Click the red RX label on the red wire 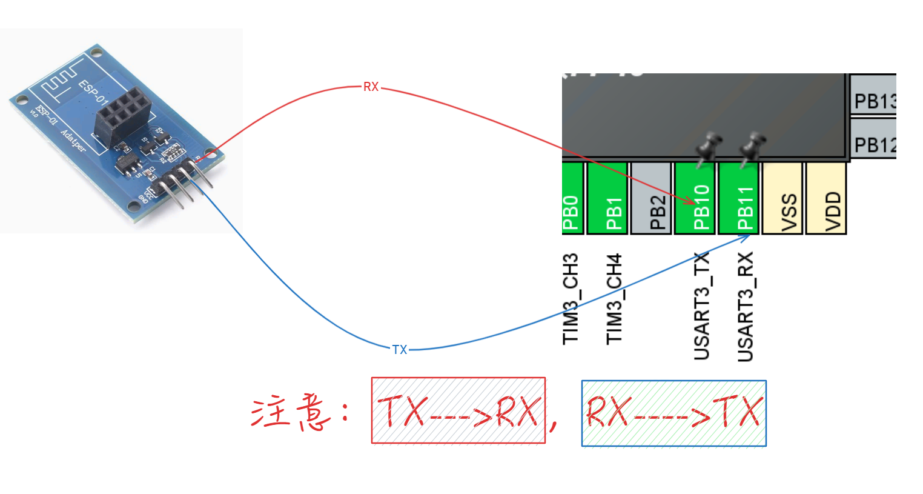(x=371, y=87)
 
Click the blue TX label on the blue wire (x=399, y=350)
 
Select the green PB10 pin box (x=695, y=198)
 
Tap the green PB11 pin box (x=739, y=198)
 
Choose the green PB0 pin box (x=572, y=198)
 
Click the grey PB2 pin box (x=652, y=198)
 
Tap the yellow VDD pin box (x=826, y=198)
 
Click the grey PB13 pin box (x=873, y=95)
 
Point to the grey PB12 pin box (x=873, y=139)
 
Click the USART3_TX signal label (x=701, y=306)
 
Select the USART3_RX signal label (x=746, y=306)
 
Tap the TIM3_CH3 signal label (x=571, y=299)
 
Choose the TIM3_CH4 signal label (x=614, y=299)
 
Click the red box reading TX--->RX (x=458, y=410)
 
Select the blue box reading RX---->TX (x=673, y=413)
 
